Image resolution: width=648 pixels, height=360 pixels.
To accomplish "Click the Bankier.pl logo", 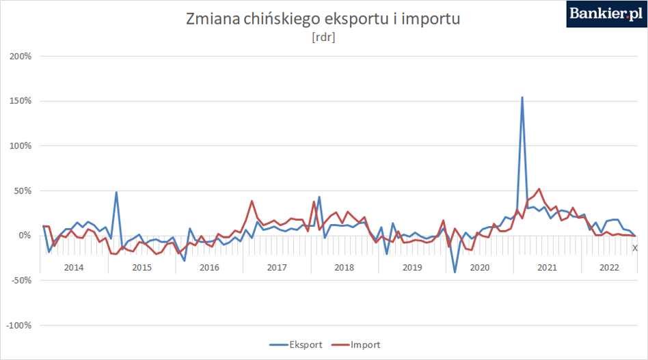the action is [x=606, y=14].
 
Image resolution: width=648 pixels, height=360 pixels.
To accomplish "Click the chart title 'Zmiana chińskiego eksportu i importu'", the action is [x=323, y=19].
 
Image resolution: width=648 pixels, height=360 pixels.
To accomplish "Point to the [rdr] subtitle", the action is [x=323, y=37].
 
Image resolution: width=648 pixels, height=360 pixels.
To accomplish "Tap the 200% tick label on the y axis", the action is [x=21, y=56].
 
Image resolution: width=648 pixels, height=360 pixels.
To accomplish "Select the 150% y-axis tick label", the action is [x=21, y=100].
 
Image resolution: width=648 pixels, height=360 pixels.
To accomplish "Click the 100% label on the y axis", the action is [x=21, y=146].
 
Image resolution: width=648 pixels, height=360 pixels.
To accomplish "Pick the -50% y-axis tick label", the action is [x=19, y=280].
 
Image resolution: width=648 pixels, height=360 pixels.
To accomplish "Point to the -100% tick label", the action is [x=19, y=325].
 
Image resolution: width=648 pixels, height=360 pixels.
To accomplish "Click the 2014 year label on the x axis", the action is [x=74, y=268].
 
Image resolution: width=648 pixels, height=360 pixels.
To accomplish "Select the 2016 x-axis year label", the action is [x=209, y=268].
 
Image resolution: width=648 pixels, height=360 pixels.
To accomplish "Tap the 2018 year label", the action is [x=345, y=268].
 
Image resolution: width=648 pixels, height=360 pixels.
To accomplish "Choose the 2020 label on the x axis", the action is [x=479, y=268].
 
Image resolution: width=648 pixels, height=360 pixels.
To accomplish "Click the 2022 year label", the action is [x=609, y=268].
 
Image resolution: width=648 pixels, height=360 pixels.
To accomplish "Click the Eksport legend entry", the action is [x=296, y=345].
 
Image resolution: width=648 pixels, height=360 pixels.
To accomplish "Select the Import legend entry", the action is [x=356, y=345].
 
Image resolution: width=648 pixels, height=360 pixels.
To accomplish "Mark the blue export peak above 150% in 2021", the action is [x=522, y=98].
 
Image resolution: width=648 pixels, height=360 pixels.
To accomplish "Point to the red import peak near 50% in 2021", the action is [x=539, y=189].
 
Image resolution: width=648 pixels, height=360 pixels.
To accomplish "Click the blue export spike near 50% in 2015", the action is [x=116, y=192].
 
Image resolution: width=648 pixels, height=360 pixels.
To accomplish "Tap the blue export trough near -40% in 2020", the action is [x=455, y=272].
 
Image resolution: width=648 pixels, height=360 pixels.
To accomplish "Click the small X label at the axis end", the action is [x=635, y=248].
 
